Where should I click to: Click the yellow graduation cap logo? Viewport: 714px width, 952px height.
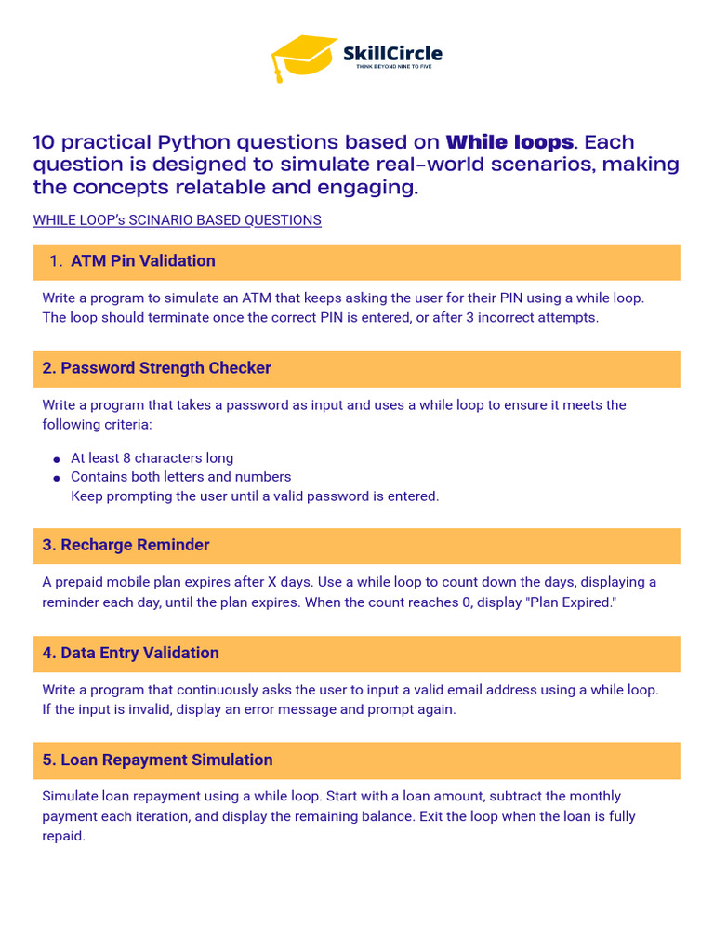pos(302,56)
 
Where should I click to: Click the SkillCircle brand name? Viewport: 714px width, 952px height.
pos(392,53)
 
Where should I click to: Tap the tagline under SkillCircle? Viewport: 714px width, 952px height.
pos(392,68)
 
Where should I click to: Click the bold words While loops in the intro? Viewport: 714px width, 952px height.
pos(509,142)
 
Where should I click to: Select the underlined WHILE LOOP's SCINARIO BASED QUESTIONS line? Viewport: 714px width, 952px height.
pos(177,220)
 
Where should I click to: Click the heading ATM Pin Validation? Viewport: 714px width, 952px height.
pos(143,261)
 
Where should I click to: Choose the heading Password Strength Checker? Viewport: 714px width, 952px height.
pos(156,368)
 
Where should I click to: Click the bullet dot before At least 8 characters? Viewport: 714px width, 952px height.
pos(57,459)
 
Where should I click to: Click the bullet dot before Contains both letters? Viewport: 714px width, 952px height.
pos(57,478)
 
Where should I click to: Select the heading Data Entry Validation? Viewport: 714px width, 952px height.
pos(130,653)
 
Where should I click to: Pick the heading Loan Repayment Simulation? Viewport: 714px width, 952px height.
pos(157,760)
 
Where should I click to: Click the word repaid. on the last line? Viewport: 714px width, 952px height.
pos(63,836)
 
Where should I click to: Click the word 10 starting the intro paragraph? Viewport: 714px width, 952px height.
pos(43,142)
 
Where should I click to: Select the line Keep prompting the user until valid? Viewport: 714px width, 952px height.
pos(254,496)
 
